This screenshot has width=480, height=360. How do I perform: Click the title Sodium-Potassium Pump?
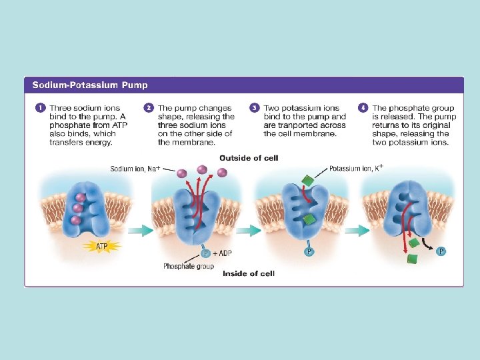[x=90, y=85]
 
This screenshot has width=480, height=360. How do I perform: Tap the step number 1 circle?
[x=40, y=108]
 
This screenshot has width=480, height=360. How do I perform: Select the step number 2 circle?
[x=149, y=108]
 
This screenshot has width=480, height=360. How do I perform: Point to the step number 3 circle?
[x=254, y=108]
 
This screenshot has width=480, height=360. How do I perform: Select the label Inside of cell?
[x=248, y=273]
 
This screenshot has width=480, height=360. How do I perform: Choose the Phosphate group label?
[x=189, y=266]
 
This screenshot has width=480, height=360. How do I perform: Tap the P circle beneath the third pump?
[x=308, y=251]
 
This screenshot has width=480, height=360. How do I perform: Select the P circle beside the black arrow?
[x=441, y=251]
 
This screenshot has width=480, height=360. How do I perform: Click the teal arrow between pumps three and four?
[x=355, y=230]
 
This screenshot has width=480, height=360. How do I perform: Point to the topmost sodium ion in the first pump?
[x=81, y=197]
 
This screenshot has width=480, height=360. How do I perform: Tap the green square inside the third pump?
[x=309, y=218]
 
